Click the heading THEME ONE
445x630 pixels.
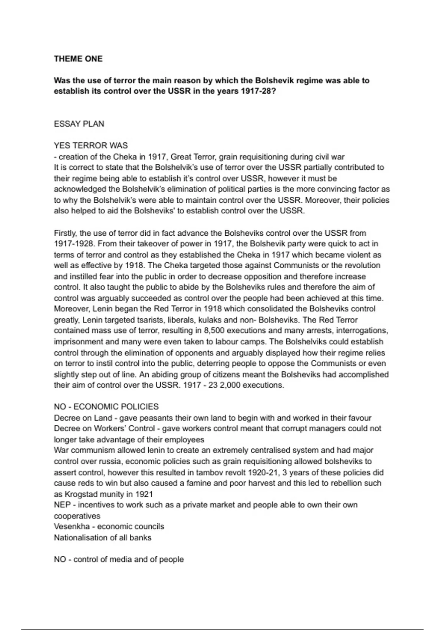(78, 59)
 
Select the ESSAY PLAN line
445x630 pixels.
(79, 124)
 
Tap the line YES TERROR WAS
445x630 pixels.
(91, 146)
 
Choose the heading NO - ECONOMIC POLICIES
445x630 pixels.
(106, 407)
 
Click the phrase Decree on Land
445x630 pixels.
(83, 418)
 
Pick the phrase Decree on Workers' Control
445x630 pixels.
(104, 429)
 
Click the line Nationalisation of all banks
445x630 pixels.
(102, 538)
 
